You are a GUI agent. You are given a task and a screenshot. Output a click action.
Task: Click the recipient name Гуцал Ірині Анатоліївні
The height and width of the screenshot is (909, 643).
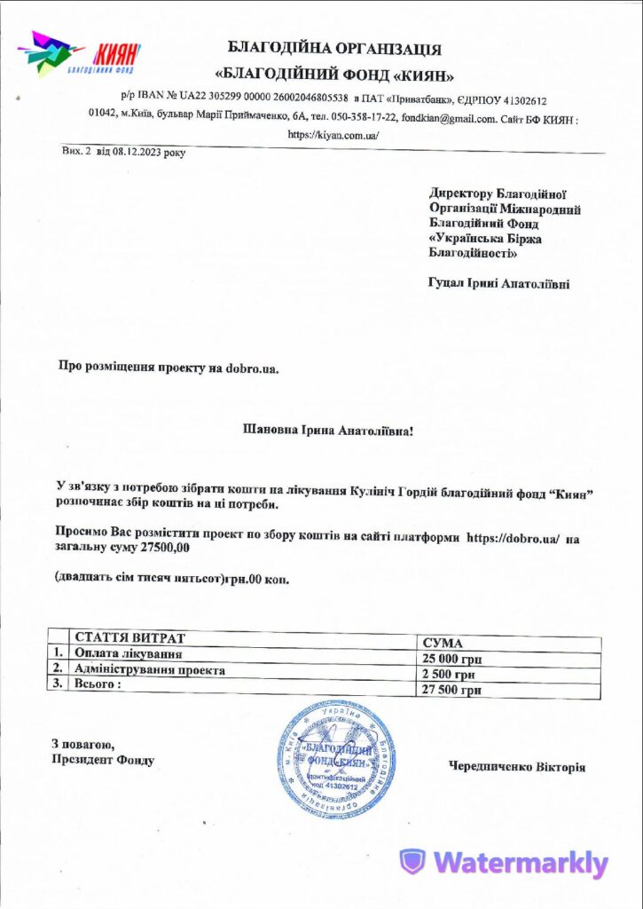(x=499, y=284)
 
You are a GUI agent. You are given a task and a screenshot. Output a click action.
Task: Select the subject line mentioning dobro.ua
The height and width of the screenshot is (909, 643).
(x=169, y=366)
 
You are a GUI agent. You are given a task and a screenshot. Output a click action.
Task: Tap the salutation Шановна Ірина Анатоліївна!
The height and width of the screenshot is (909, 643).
(x=328, y=431)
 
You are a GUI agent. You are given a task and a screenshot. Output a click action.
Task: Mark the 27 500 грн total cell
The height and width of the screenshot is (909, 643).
(x=452, y=690)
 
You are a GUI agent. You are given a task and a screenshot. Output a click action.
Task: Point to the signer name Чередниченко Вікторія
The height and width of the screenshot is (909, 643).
(x=517, y=766)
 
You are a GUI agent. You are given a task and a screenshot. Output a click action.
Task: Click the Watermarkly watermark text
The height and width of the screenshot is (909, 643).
(x=520, y=863)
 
